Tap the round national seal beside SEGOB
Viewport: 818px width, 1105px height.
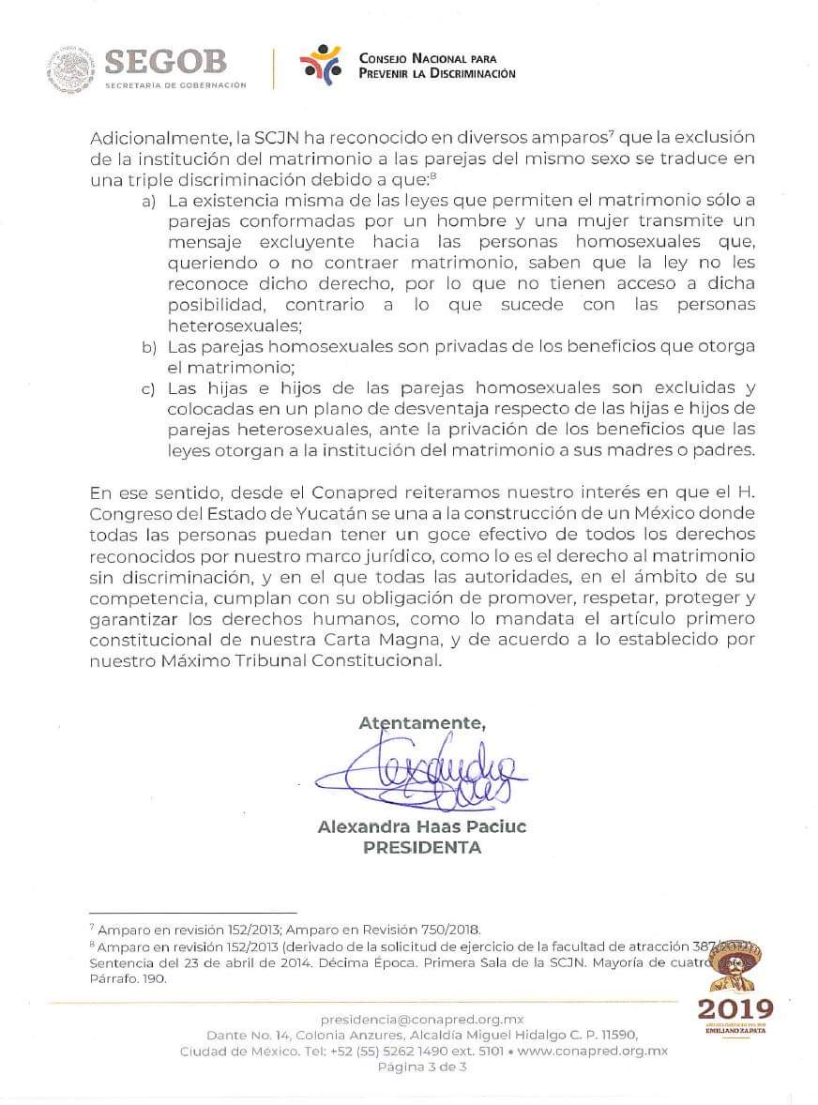coord(68,69)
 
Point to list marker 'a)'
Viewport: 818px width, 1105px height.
coord(148,202)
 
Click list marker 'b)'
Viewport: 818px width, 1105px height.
coord(148,348)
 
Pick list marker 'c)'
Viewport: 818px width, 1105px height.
coord(148,387)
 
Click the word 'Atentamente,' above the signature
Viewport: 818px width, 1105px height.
coord(422,722)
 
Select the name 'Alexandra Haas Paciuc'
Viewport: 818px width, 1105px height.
coord(421,827)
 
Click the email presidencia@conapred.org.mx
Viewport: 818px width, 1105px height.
coord(421,1019)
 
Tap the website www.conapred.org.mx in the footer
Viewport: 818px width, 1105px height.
coord(592,1051)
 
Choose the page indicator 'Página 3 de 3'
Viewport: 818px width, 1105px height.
coord(421,1067)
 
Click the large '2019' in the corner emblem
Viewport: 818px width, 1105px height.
coord(736,1009)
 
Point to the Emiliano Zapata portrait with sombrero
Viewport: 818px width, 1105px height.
coord(737,966)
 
